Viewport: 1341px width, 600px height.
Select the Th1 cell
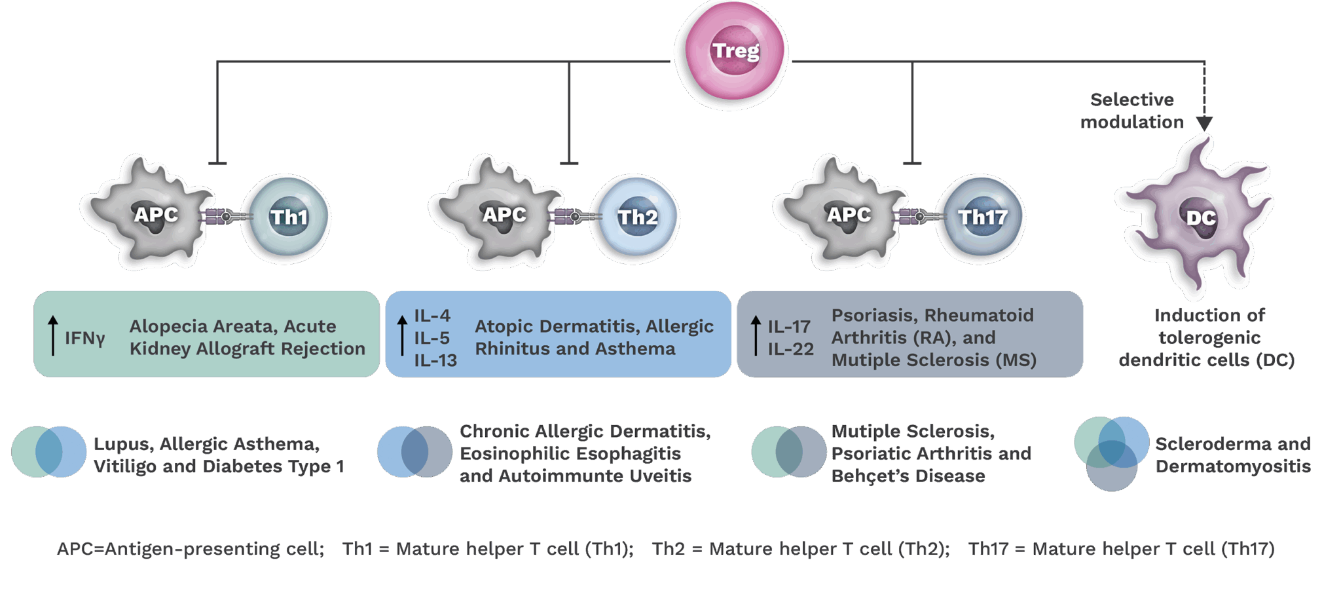point(287,217)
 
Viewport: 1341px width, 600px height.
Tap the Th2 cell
point(636,217)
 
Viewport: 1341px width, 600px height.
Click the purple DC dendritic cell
point(1198,216)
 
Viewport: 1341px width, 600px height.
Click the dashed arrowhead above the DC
point(1204,123)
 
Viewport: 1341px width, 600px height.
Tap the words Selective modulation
point(1132,111)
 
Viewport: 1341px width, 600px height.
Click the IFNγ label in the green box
point(84,338)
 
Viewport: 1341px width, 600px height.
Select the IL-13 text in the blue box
point(435,360)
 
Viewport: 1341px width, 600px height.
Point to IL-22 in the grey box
point(790,349)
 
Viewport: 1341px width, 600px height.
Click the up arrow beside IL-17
point(756,335)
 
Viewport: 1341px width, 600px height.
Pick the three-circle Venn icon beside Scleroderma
point(1111,453)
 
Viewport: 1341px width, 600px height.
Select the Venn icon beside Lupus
point(48,452)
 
